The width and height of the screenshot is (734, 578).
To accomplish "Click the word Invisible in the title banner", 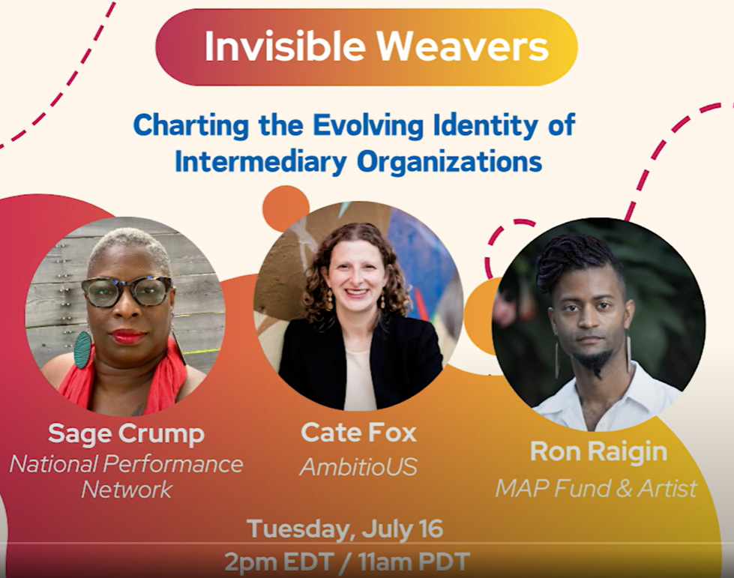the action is tap(285, 46).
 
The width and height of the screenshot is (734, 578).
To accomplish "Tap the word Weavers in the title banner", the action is tap(463, 46).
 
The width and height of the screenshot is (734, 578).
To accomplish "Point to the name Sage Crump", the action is tap(127, 434).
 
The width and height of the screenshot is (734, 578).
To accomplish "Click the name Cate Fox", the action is tap(358, 432).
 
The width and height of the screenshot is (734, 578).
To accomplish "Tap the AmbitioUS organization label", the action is tap(358, 466).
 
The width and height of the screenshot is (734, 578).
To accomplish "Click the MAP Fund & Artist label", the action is tap(596, 488).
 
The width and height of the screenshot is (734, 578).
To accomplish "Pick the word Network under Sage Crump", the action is tap(127, 490).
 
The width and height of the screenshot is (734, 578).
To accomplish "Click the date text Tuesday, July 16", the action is tap(345, 529).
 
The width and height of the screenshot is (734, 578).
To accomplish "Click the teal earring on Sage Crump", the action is tap(83, 349).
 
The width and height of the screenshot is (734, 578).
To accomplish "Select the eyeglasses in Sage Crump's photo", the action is tap(127, 292).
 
